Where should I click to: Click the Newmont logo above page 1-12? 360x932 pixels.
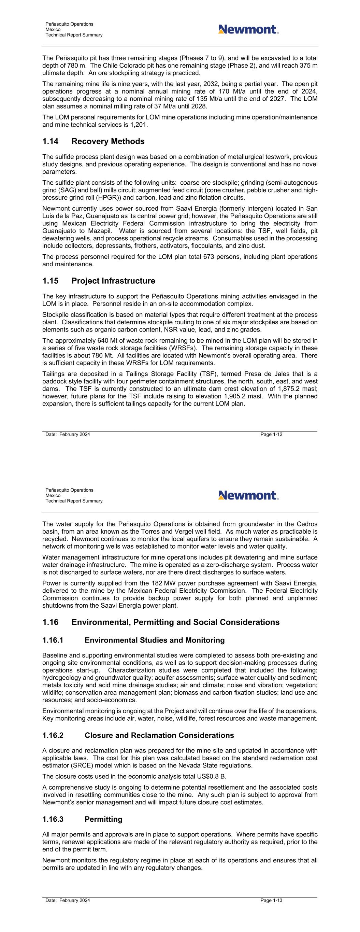point(248,29)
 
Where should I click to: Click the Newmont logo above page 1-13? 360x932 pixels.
point(248,495)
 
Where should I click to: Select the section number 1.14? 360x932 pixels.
point(50,141)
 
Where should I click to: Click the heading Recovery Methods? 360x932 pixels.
point(108,141)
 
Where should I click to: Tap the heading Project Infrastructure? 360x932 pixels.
point(113,281)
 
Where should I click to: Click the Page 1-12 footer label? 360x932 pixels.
point(271,435)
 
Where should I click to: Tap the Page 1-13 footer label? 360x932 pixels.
point(271,901)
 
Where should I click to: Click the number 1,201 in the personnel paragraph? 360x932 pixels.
point(141,125)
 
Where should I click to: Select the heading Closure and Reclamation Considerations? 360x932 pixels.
point(159,736)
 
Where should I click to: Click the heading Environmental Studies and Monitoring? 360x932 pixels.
point(155,640)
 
